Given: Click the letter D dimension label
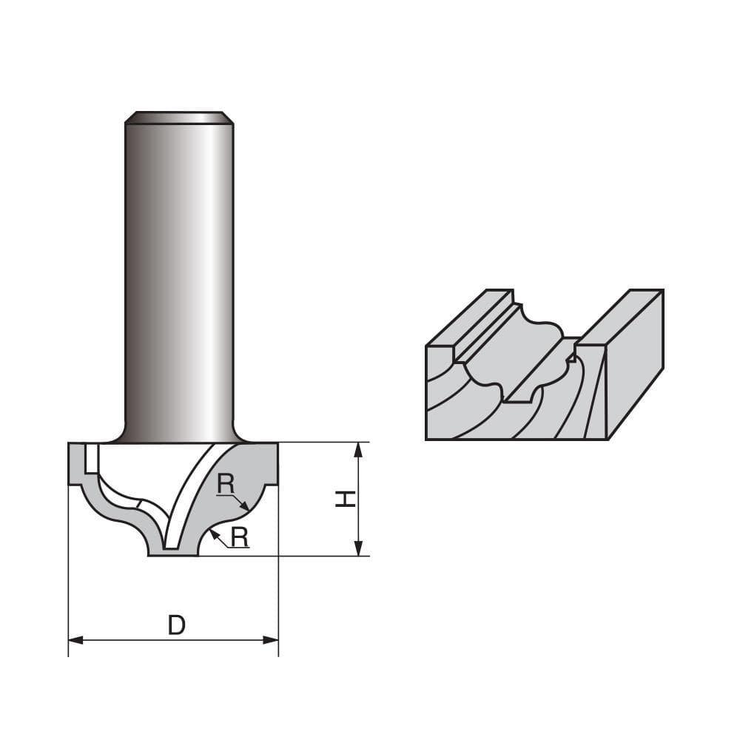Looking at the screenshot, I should click(x=176, y=626).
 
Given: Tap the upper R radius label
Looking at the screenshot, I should click(x=226, y=485).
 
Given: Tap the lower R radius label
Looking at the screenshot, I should click(x=239, y=537).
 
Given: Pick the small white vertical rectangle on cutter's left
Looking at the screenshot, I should click(x=90, y=459).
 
